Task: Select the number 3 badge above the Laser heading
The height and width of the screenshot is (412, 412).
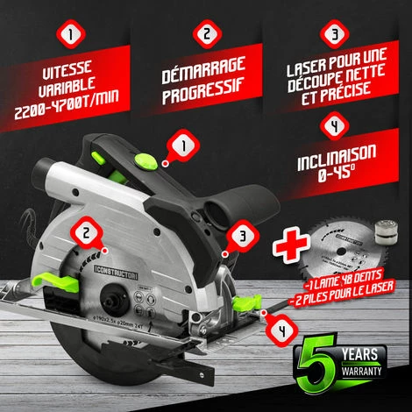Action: point(334,35)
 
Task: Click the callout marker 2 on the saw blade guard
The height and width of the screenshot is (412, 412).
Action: point(86,233)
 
